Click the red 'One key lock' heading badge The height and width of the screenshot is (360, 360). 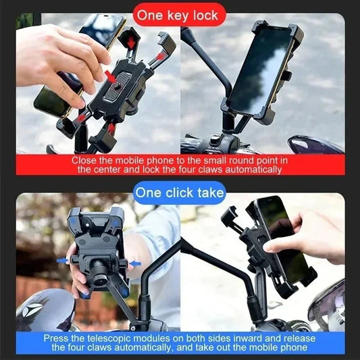pos(179,14)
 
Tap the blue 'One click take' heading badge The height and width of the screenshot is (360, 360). pos(179,193)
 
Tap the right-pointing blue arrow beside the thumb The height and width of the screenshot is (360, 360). pos(61,259)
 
